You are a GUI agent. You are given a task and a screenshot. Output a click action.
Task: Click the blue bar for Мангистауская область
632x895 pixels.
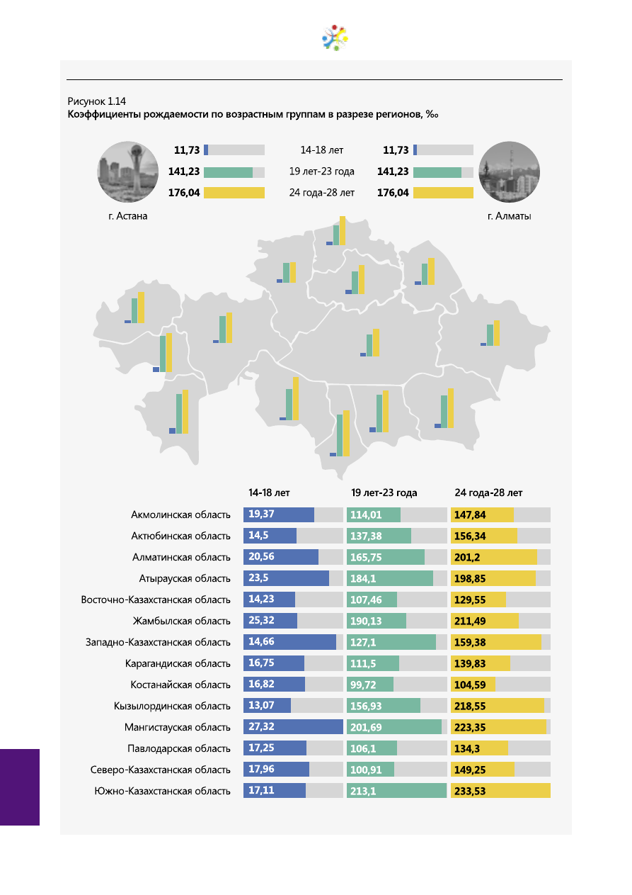(293, 726)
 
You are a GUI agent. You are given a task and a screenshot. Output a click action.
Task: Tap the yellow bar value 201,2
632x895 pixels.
(466, 557)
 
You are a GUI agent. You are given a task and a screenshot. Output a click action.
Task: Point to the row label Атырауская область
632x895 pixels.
(184, 578)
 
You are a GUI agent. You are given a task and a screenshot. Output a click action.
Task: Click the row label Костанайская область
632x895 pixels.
(180, 685)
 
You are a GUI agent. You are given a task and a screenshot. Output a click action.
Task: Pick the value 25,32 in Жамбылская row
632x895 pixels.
(261, 620)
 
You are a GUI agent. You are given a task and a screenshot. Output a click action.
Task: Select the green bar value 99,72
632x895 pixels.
(362, 685)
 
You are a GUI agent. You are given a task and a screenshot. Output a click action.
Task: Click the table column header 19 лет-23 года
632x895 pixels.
(384, 492)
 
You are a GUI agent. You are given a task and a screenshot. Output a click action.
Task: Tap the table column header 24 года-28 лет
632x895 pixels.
(488, 492)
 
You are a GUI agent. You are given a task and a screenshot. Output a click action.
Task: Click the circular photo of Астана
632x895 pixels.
(127, 171)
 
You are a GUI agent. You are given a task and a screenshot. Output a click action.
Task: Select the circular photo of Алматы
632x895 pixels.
(509, 171)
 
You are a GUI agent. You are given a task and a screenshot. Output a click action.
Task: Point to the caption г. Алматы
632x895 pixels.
(509, 216)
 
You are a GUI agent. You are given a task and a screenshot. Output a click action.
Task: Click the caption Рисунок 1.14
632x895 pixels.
(96, 101)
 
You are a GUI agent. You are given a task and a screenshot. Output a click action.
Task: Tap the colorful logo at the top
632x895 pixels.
(335, 38)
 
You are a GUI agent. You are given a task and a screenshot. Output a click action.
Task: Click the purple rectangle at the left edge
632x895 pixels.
(20, 787)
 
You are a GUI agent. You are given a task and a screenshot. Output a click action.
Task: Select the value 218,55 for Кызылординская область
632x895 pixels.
(470, 706)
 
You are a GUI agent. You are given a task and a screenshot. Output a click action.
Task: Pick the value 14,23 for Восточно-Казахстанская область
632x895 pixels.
(261, 599)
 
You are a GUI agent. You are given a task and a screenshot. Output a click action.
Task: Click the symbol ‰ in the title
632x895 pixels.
(432, 114)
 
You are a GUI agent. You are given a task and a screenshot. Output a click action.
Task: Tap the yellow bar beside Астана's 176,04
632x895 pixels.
(234, 193)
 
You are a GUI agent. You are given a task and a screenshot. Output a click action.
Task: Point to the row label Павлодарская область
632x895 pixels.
(178, 748)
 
